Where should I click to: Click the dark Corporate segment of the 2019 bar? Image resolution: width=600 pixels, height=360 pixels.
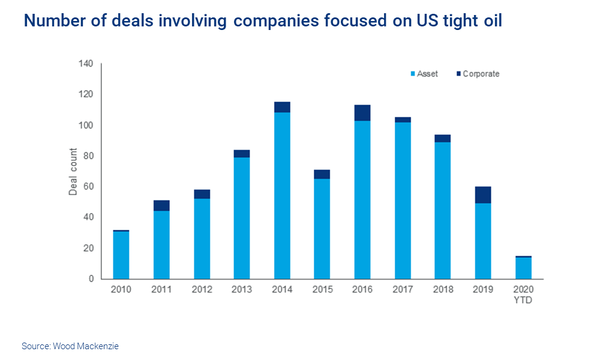[483, 195]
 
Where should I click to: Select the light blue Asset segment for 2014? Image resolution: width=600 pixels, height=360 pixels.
[282, 195]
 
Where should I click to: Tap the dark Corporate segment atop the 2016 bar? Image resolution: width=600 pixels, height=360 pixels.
[362, 113]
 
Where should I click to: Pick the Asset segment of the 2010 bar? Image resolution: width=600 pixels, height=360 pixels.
[121, 255]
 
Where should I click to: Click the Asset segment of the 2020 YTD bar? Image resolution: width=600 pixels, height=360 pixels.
[523, 268]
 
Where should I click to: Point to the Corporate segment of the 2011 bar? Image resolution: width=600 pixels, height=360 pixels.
[161, 206]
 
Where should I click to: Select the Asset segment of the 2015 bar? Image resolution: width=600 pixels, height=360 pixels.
[322, 229]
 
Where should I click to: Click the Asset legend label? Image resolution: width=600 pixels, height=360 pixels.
[427, 74]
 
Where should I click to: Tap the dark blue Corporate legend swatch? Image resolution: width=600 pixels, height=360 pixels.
[459, 74]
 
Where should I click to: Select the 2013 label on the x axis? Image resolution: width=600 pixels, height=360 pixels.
[242, 290]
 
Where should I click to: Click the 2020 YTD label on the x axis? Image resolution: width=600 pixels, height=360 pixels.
[523, 295]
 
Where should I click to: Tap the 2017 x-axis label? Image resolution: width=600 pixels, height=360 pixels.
[403, 290]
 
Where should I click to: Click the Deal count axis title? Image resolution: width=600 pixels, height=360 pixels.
[73, 172]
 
